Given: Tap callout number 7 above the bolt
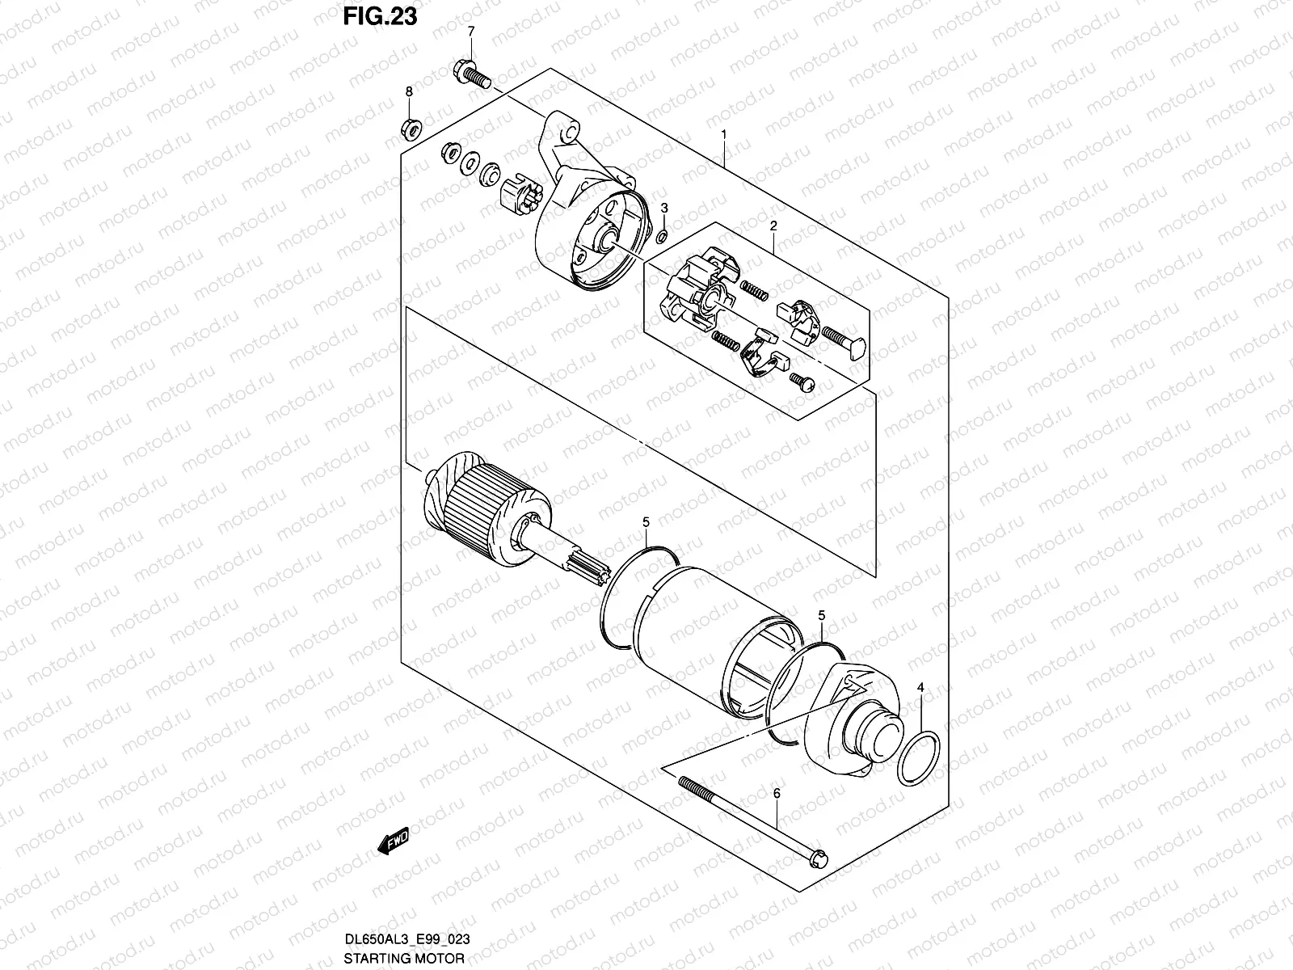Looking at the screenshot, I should coord(471,32).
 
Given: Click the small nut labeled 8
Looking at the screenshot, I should coord(410,127).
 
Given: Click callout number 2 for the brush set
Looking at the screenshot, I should coord(773,226).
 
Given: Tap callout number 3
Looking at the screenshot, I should coord(664,208).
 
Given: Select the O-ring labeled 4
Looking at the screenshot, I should coord(919,758).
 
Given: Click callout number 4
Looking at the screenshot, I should coord(920,688).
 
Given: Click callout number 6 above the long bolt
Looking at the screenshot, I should coord(777,795).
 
